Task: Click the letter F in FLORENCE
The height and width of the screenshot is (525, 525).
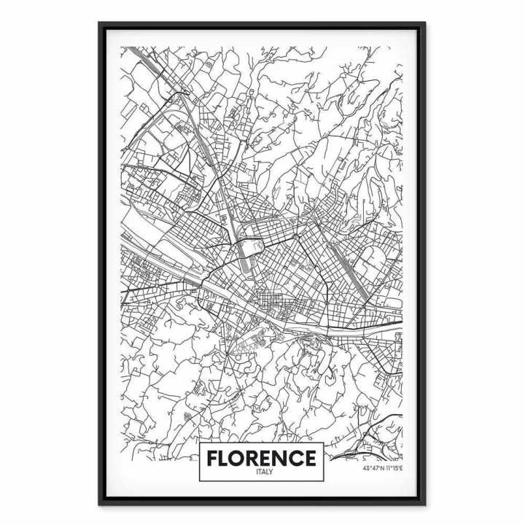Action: coord(213,458)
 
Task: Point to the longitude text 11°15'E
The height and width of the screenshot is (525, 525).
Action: coord(394,468)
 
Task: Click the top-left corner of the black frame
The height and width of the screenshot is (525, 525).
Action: coord(100,23)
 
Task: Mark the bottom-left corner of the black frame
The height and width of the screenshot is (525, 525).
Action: coord(100,504)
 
